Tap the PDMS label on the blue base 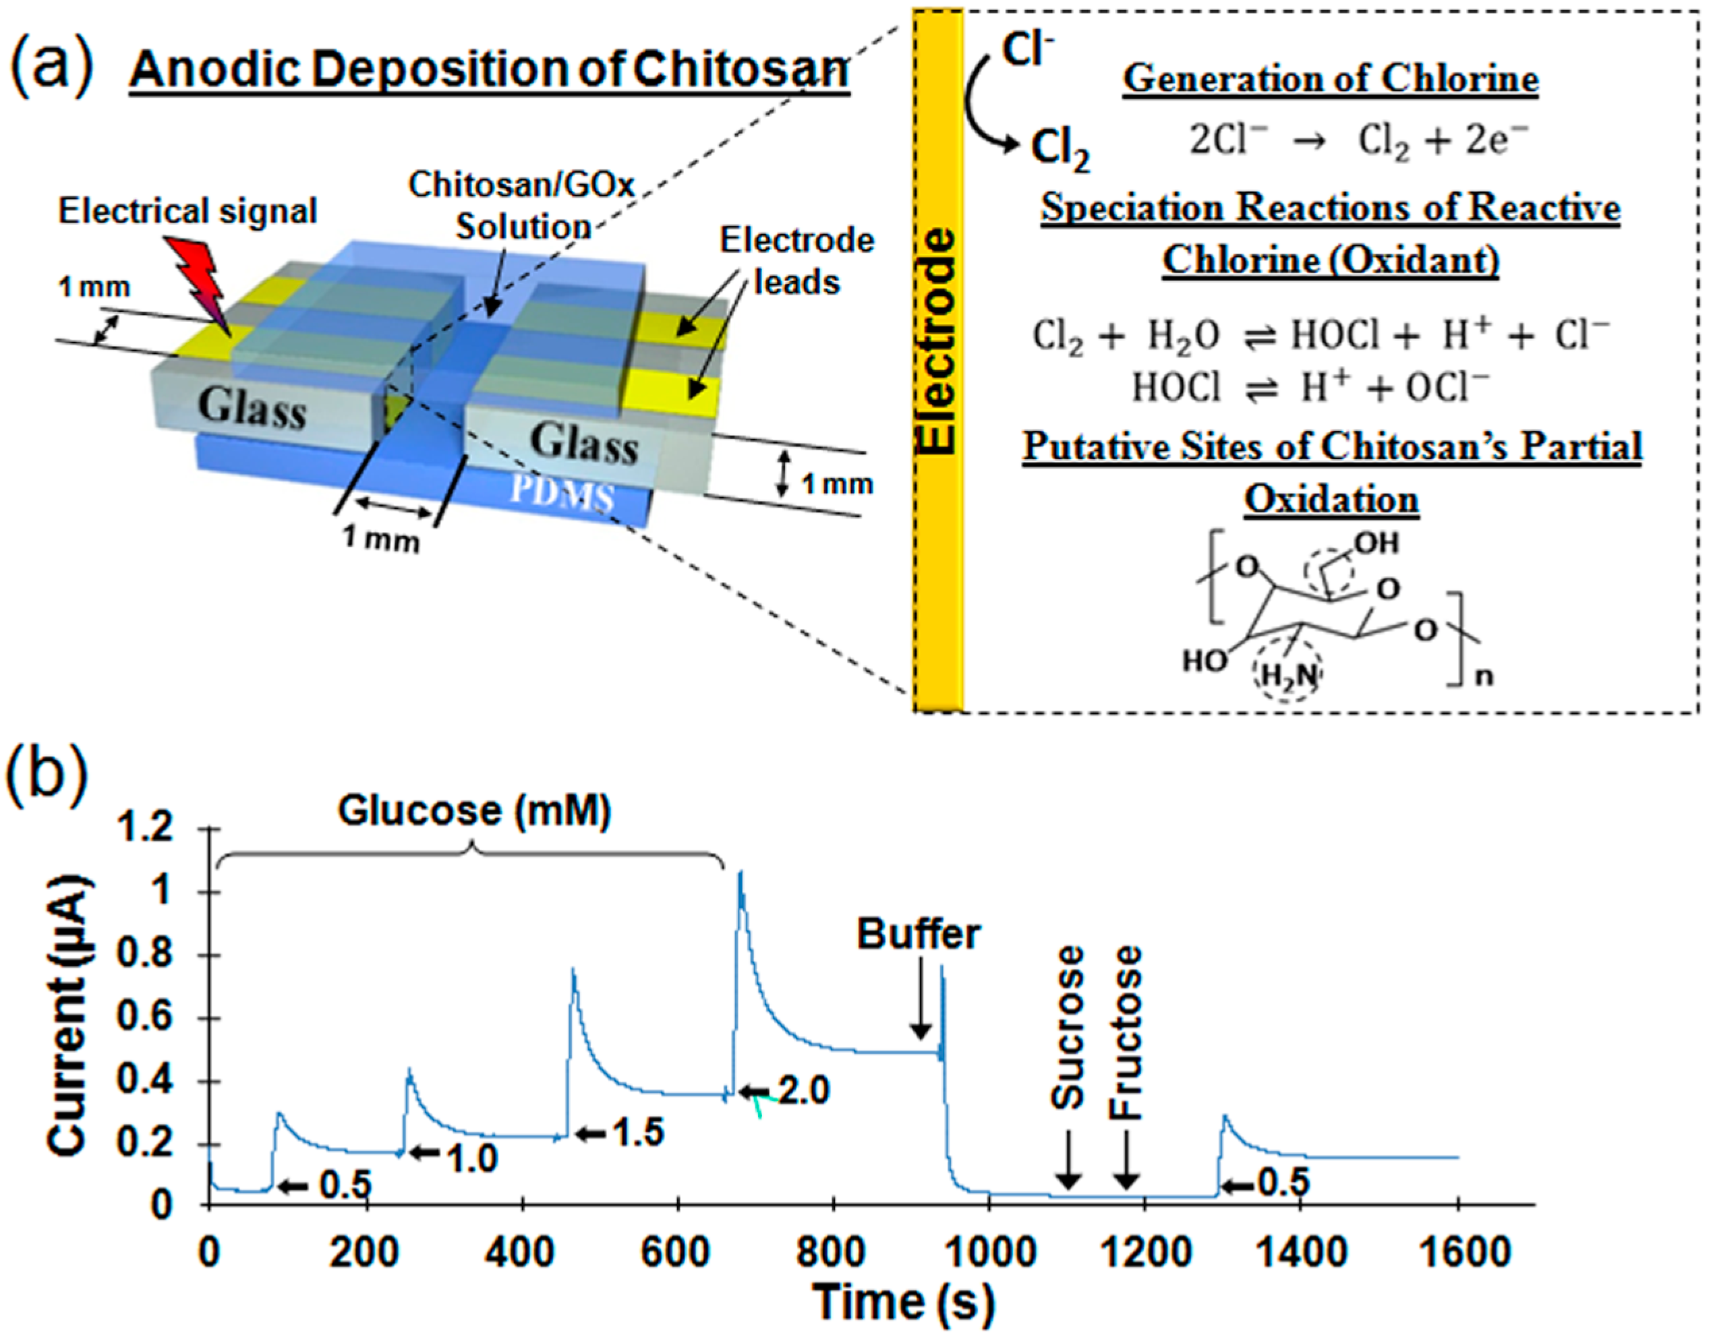pyautogui.click(x=562, y=493)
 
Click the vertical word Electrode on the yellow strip pyautogui.click(x=937, y=342)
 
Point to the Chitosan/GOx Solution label pyautogui.click(x=521, y=206)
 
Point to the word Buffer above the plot pyautogui.click(x=919, y=934)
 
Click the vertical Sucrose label pyautogui.click(x=1068, y=1028)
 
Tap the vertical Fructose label pyautogui.click(x=1126, y=1032)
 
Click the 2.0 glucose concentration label pyautogui.click(x=804, y=1090)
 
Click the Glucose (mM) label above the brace pyautogui.click(x=475, y=811)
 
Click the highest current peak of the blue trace pyautogui.click(x=740, y=873)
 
